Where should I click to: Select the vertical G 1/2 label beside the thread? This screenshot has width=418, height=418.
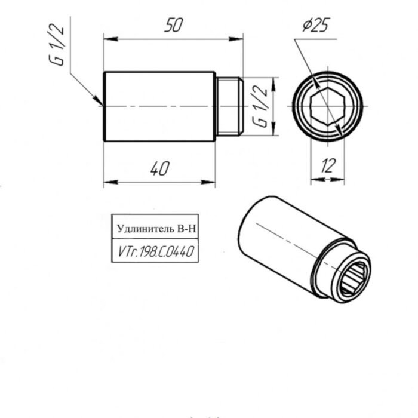[x=260, y=106]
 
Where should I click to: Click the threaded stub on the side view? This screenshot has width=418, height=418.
[x=229, y=106]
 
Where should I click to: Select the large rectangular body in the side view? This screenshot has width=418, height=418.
[x=159, y=106]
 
